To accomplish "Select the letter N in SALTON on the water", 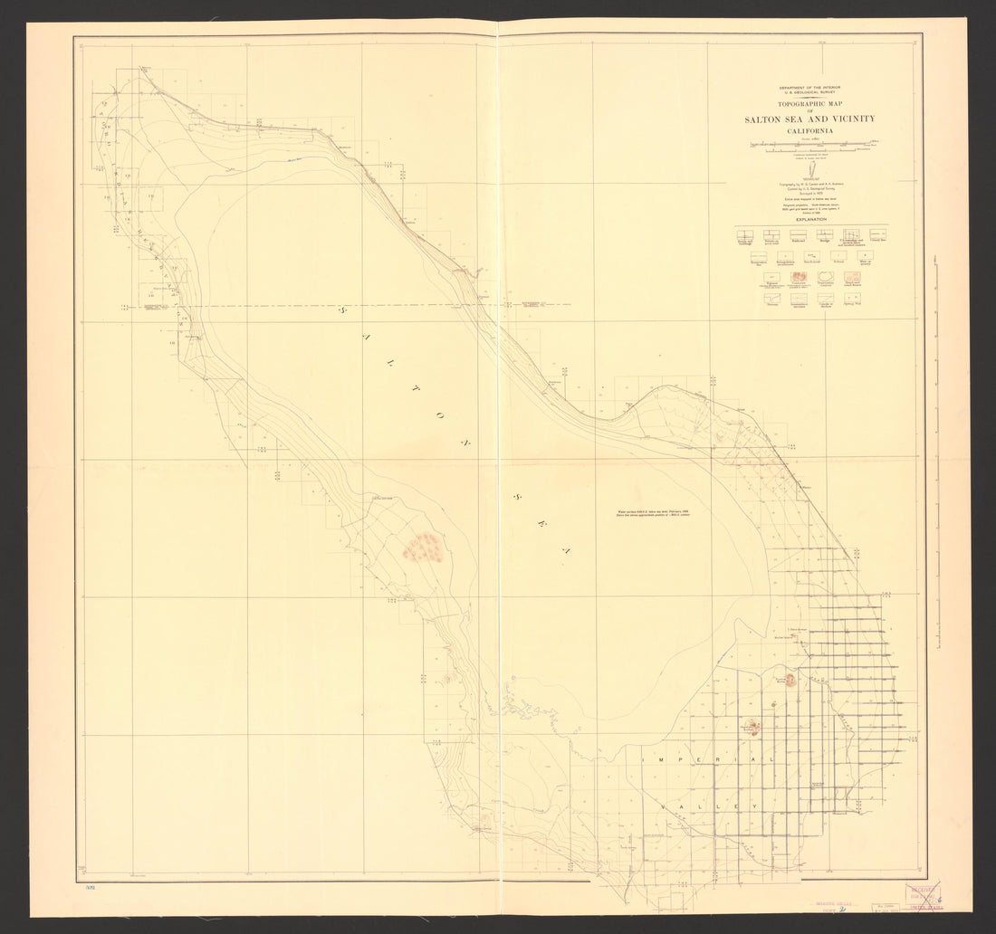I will [x=467, y=443].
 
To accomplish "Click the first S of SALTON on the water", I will [x=343, y=310].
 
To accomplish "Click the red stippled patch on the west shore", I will [x=423, y=547].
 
